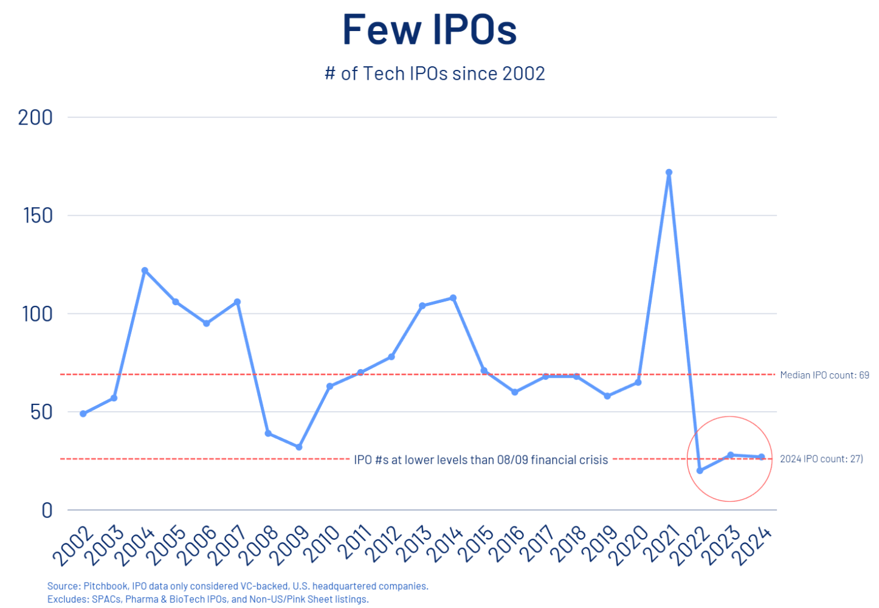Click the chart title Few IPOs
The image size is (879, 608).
point(429,29)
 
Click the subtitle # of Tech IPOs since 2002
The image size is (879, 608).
point(435,74)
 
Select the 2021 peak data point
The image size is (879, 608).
point(669,173)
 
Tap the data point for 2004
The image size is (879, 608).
point(145,271)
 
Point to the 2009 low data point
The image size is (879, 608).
point(299,447)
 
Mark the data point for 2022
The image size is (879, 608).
point(700,471)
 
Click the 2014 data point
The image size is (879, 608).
point(453,298)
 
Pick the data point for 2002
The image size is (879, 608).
point(83,413)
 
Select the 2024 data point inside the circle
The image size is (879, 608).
point(762,457)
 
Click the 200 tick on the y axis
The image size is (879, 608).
point(35,117)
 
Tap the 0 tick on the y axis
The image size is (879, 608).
point(47,510)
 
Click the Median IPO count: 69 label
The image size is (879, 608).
point(824,375)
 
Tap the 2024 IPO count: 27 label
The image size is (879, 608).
point(821,459)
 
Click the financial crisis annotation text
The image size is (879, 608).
point(481,460)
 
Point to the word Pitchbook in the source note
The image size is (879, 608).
point(105,586)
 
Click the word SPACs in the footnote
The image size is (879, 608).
point(106,599)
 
